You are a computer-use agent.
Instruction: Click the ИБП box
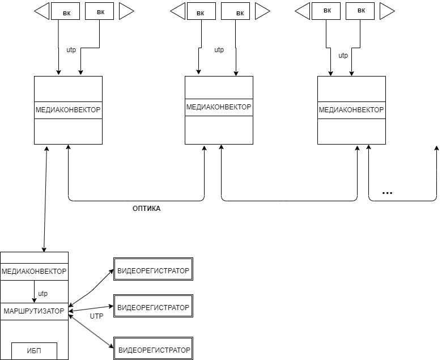coord(35,351)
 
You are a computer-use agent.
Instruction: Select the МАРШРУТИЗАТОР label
coord(34,311)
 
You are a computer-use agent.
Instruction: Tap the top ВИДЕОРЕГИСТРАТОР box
coord(153,270)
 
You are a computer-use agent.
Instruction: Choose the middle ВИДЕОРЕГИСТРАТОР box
coord(153,307)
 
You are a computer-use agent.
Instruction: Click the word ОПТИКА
coord(146,209)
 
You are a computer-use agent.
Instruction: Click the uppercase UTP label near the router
coord(97,316)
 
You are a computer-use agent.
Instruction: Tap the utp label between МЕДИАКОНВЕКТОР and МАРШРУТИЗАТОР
coord(43,294)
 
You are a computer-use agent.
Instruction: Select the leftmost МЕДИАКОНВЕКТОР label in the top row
coord(68,109)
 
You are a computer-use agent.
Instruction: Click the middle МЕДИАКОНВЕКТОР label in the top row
coord(219,107)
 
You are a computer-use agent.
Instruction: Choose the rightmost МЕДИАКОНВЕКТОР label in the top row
coord(351,109)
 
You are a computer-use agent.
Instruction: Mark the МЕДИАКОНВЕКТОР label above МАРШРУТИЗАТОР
coord(34,272)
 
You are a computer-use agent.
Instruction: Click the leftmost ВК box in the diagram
coord(65,12)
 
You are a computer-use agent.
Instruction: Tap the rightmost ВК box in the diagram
coord(362,10)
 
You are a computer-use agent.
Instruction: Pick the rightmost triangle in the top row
coord(388,10)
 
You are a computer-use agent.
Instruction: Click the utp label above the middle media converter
coord(219,50)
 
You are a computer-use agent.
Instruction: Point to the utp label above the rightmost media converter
coord(343,56)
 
